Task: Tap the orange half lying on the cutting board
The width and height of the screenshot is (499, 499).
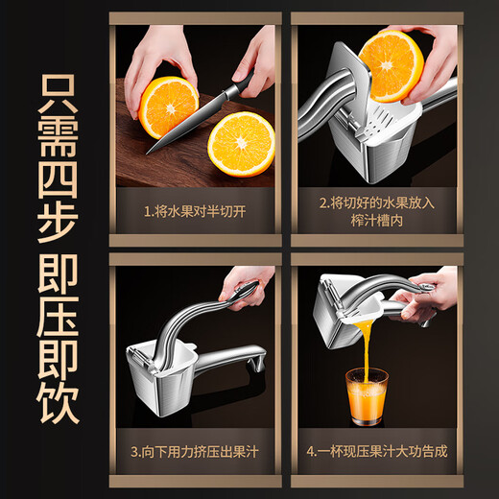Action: [241, 144]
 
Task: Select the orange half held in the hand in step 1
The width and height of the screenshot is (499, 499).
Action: [167, 106]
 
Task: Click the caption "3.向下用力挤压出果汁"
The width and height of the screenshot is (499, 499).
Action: [195, 450]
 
